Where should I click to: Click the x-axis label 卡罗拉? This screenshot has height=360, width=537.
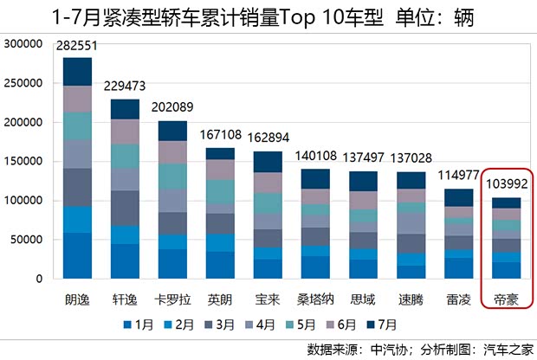pos(172,300)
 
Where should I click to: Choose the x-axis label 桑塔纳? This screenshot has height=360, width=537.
pos(315,300)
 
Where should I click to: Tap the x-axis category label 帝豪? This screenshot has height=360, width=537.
pos(507,300)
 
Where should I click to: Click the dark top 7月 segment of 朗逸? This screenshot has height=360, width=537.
pos(78,71)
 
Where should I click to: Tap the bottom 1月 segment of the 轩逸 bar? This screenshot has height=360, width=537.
pos(125,261)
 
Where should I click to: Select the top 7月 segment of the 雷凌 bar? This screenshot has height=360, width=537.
pos(459,197)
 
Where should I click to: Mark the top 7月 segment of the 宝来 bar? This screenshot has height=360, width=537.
pos(268,162)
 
